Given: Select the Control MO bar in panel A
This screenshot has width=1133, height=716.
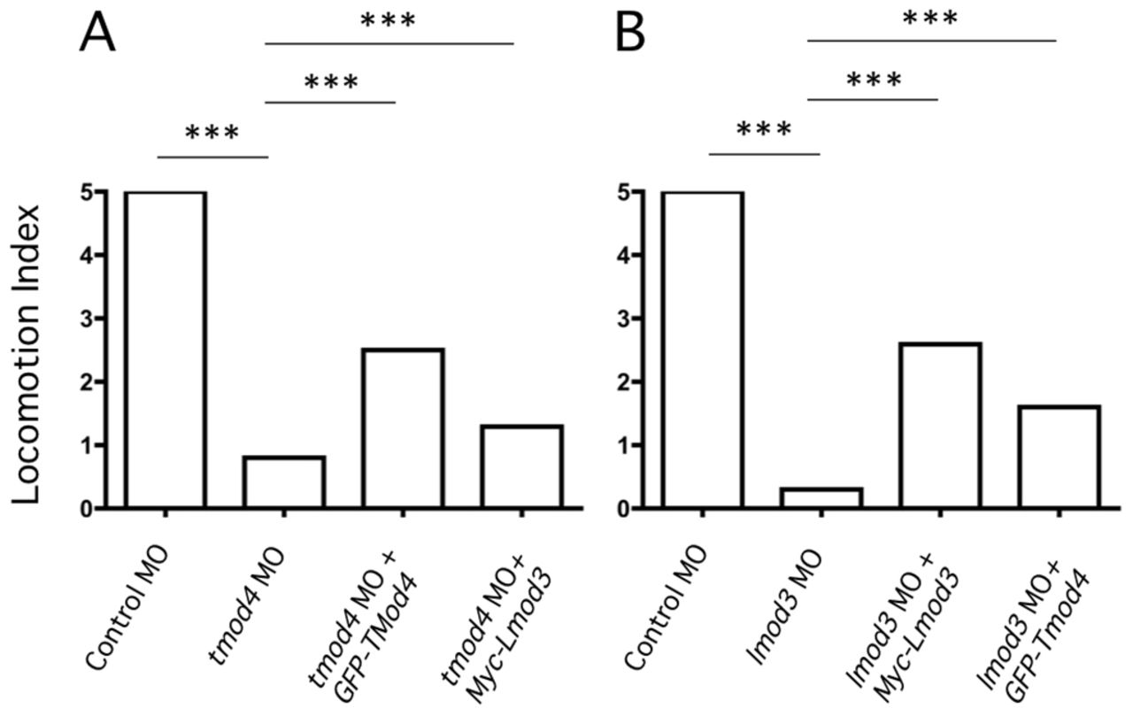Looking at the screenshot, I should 166,350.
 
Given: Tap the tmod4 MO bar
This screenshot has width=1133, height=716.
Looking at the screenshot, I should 284,482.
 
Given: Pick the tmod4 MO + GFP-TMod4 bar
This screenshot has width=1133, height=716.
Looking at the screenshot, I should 403,428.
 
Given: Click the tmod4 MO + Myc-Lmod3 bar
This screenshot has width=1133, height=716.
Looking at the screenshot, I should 521,466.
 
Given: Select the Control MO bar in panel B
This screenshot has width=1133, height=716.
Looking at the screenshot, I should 702,350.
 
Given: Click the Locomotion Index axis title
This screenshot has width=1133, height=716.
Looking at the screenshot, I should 27,354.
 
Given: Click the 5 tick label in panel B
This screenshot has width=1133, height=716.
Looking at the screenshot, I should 626,192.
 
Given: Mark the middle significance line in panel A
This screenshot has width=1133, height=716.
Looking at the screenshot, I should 330,103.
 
